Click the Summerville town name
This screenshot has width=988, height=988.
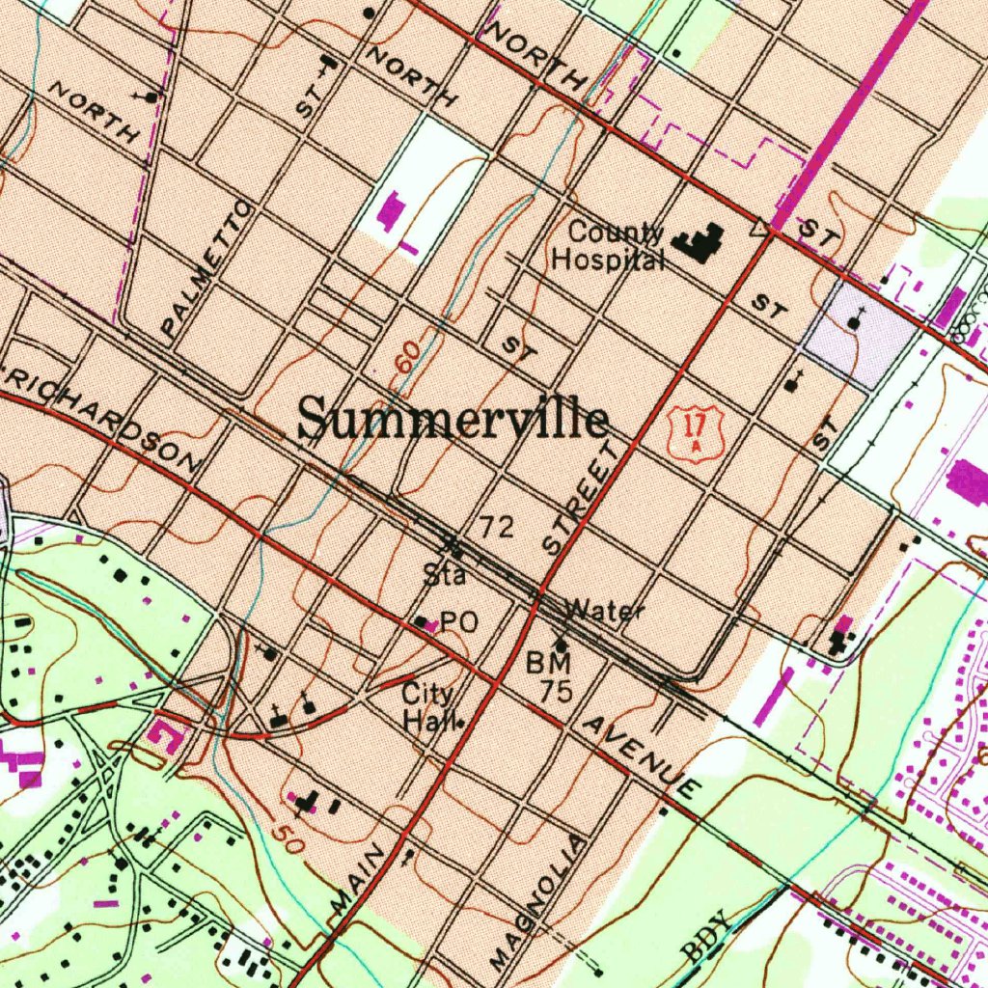click(453, 421)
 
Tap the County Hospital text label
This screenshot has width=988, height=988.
click(609, 247)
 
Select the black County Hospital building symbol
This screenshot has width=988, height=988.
click(702, 241)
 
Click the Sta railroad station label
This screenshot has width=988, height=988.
click(445, 577)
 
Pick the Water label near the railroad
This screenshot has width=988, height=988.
click(604, 610)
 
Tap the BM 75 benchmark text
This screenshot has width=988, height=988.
click(550, 676)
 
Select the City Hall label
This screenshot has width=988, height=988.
click(427, 707)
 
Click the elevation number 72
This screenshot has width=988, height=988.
click(497, 527)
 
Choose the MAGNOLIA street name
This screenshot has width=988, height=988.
click(536, 904)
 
